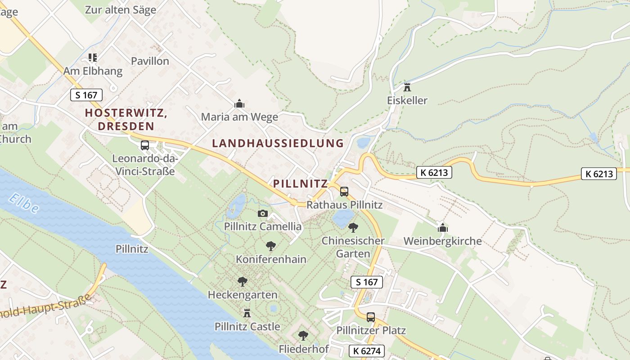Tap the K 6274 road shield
click(367, 351)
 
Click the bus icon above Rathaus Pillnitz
click(344, 192)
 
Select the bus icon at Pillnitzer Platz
click(371, 317)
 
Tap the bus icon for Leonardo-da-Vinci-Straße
click(145, 145)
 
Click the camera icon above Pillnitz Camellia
click(263, 213)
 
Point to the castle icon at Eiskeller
click(407, 86)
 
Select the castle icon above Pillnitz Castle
click(247, 313)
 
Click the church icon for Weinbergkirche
click(443, 228)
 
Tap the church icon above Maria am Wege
click(239, 104)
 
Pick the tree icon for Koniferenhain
click(271, 246)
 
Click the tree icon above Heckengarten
click(243, 282)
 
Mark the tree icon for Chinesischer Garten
click(353, 227)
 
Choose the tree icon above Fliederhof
click(303, 335)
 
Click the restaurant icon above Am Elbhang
click(93, 57)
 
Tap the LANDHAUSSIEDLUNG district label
click(278, 144)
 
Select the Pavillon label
click(150, 61)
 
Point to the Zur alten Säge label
click(120, 10)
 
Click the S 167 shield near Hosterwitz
click(86, 95)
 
